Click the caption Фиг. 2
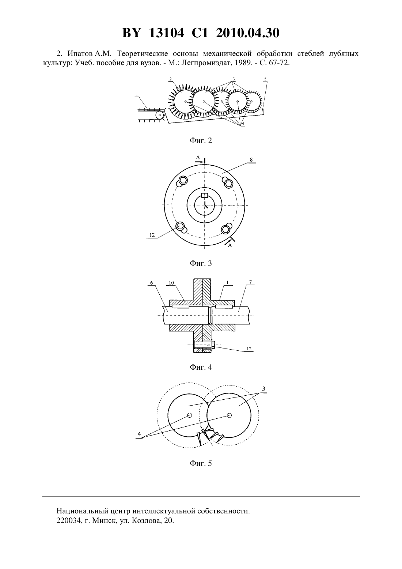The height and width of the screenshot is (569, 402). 201,140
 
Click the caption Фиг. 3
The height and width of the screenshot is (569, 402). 201,263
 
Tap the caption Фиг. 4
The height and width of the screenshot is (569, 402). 201,367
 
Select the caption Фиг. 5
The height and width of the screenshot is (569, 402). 201,463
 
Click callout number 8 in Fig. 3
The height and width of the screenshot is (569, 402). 251,159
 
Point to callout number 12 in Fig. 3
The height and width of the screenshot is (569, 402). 152,235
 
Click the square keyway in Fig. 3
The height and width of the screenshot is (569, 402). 204,195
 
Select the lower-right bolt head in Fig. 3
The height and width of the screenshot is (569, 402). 226,229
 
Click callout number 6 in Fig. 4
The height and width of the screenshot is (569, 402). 152,283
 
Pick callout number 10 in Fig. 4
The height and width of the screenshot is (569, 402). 171,283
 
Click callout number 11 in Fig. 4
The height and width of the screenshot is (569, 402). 229,282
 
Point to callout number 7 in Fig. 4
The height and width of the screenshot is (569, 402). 250,282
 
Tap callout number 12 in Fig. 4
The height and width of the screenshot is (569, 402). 249,349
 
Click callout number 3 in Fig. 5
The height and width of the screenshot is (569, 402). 264,389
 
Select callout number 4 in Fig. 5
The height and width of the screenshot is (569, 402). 139,434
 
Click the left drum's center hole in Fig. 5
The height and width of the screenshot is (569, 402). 189,415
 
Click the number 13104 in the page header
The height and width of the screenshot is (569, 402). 166,33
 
